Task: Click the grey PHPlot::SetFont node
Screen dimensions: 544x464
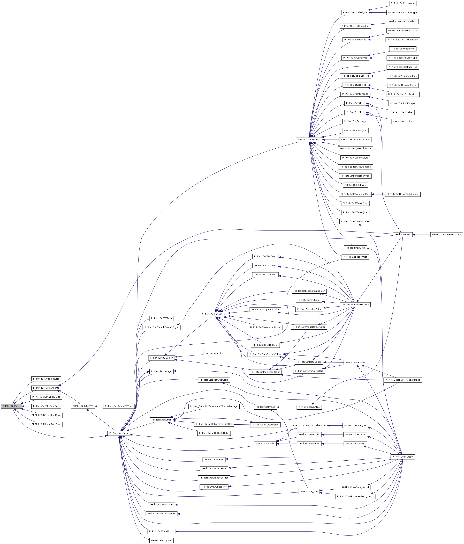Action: coord(11,406)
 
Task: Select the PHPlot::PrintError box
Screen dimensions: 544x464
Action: coord(119,433)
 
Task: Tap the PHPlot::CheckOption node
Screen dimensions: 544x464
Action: coord(309,139)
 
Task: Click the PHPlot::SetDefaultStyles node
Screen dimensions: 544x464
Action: coord(355,304)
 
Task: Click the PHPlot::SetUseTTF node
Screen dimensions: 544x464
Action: coord(83,406)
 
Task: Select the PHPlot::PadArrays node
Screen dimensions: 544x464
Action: coord(355,362)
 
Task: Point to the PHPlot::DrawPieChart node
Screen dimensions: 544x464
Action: coord(161,505)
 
